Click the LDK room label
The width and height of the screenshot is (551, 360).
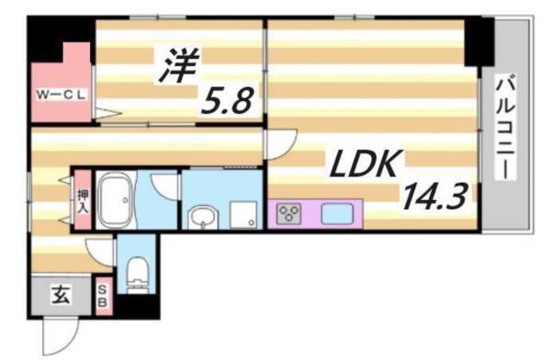pos(363,165)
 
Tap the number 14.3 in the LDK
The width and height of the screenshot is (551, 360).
pos(429,196)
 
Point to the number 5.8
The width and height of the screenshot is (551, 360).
pos(228,98)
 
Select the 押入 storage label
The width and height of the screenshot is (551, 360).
pos(82,201)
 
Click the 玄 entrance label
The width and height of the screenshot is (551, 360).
pos(59,296)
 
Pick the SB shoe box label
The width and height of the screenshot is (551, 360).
pos(102,296)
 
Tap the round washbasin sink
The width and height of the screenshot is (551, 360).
pos(202,217)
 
